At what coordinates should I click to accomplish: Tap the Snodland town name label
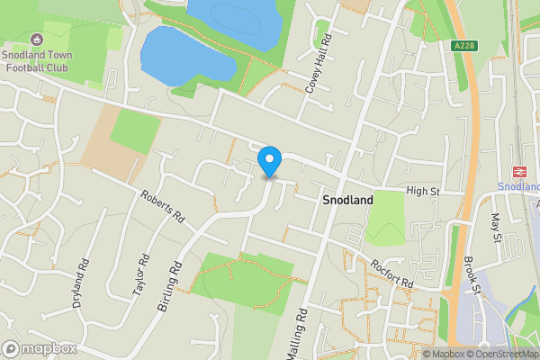(347, 202)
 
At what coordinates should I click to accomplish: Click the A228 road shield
(465, 46)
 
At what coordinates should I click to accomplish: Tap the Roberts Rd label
(162, 205)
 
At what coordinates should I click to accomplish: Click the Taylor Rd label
(139, 276)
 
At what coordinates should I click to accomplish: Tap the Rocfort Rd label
(391, 273)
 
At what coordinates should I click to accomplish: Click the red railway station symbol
(519, 170)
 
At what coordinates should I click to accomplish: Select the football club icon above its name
(36, 40)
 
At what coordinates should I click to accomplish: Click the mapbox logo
(39, 348)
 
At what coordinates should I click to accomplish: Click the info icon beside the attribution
(414, 353)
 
